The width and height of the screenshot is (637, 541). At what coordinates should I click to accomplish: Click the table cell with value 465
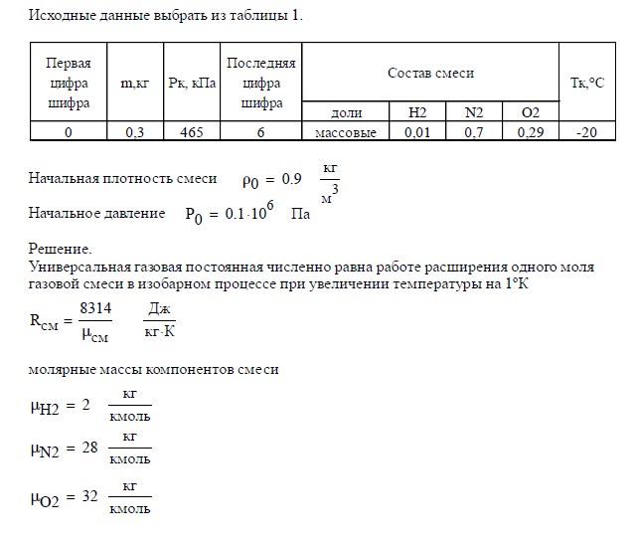tap(190, 131)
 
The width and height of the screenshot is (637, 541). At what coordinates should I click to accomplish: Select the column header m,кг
tap(134, 84)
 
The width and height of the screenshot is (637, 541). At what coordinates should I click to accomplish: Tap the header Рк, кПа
tap(190, 84)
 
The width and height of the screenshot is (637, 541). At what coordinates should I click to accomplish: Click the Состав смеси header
tap(430, 73)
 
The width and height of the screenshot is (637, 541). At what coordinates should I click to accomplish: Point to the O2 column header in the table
tap(531, 112)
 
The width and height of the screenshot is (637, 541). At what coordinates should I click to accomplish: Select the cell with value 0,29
tap(531, 131)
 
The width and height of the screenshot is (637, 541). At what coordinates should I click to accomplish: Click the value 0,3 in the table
tap(134, 131)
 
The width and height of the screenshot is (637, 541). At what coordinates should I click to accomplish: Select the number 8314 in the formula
tap(95, 310)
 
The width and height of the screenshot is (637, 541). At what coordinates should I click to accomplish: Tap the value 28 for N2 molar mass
tap(88, 449)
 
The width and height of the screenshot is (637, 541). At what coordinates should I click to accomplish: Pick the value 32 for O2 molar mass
tap(88, 497)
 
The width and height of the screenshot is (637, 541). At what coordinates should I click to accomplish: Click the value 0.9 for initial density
tap(291, 180)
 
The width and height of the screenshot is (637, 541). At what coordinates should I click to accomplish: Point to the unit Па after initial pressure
tap(299, 213)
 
